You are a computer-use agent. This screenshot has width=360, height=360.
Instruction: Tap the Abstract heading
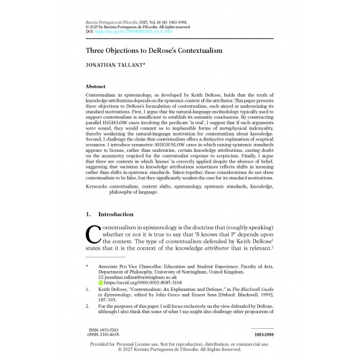[x=96, y=87]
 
